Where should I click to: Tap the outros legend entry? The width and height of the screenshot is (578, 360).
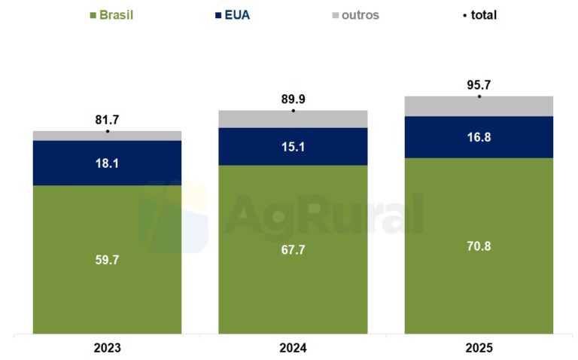pos(353,15)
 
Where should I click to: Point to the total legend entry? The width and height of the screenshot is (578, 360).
pos(479,15)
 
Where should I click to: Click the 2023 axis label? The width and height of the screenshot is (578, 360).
pos(108,348)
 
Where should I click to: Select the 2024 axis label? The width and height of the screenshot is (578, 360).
pos(293,348)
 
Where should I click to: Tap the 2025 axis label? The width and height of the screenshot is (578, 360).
pos(479,348)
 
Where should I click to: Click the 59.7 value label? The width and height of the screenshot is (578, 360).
pos(108,260)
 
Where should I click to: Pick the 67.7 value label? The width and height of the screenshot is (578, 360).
pos(293,250)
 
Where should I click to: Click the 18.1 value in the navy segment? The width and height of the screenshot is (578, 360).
pos(108,163)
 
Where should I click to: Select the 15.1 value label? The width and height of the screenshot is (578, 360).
pos(293,147)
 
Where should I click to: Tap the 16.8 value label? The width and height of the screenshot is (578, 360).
pos(479,137)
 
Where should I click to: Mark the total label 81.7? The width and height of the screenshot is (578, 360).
pos(108,119)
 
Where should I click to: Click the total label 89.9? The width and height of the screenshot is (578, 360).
pos(293,99)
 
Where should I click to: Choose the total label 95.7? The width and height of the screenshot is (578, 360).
pos(479,84)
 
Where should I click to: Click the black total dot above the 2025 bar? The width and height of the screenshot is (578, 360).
pos(479,96)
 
